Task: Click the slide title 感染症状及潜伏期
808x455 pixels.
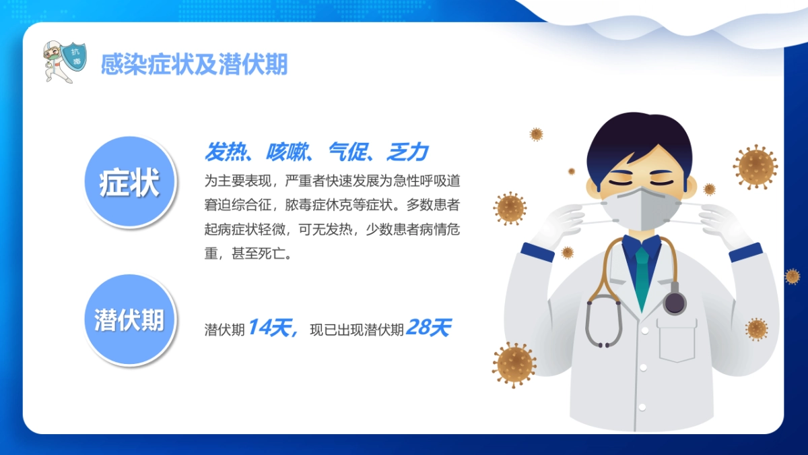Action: pyautogui.click(x=194, y=65)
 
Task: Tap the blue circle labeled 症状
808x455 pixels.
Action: pyautogui.click(x=129, y=183)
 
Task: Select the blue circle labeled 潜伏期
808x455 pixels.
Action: pyautogui.click(x=129, y=320)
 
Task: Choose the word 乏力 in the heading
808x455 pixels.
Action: pyautogui.click(x=407, y=152)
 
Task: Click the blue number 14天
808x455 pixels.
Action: pyautogui.click(x=269, y=328)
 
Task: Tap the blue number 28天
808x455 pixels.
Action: pyautogui.click(x=428, y=328)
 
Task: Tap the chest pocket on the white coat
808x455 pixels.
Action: pyautogui.click(x=677, y=340)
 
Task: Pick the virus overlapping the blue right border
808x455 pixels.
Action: pyautogui.click(x=792, y=276)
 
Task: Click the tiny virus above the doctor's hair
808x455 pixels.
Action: pyautogui.click(x=536, y=134)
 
